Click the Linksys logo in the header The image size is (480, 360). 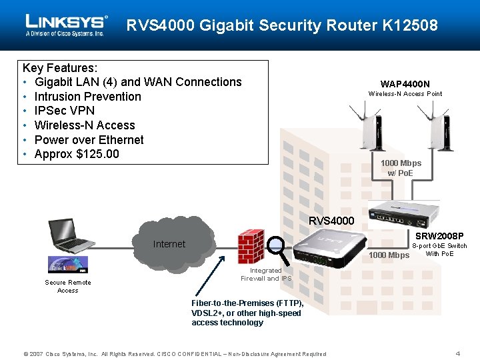(66, 25)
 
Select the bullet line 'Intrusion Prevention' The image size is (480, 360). (87, 97)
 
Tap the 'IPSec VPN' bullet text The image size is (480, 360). (64, 111)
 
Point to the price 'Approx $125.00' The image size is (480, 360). (76, 154)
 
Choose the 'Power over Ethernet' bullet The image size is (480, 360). (89, 140)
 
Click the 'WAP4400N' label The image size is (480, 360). (405, 84)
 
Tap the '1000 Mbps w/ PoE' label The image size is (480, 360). (401, 168)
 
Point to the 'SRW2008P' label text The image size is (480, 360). (439, 236)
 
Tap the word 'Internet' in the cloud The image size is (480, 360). (169, 244)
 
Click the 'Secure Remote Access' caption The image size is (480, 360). (68, 286)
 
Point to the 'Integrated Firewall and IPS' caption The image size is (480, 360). (266, 275)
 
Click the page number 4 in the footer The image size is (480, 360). (457, 353)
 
